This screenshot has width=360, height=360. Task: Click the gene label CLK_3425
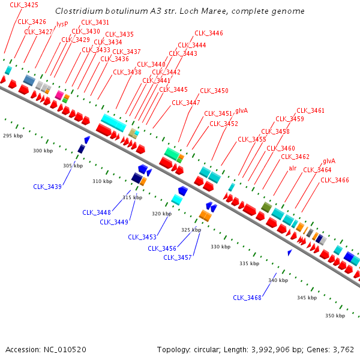(24, 5)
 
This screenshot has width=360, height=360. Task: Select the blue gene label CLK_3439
(47, 187)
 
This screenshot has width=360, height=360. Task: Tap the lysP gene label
(62, 24)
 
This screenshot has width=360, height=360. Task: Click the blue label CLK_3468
(247, 298)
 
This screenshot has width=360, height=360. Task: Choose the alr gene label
(292, 168)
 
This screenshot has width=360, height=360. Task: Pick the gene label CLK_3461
(310, 110)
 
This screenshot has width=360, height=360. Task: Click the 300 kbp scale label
(43, 151)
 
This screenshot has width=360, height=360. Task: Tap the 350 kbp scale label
(335, 316)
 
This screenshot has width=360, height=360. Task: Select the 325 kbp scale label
(191, 230)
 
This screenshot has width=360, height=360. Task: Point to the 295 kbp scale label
(13, 136)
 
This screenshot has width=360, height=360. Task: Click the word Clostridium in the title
(76, 11)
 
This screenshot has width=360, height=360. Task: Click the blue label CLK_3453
(142, 237)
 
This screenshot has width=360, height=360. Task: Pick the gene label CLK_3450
(214, 91)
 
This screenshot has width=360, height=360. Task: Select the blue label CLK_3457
(178, 257)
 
